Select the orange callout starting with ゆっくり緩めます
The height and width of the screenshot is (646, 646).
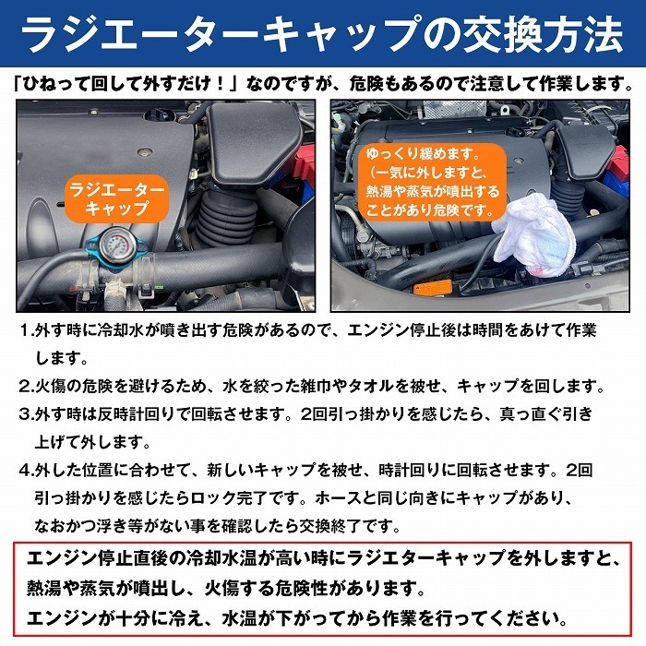coord(432,182)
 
